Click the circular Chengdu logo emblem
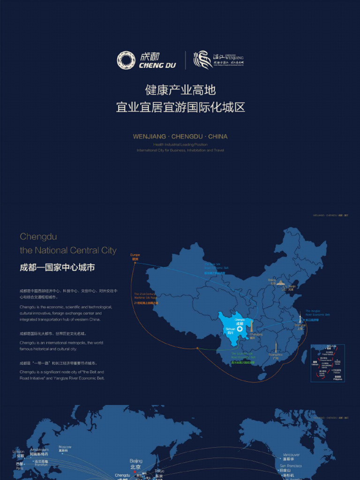[126, 60]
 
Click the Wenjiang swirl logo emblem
[203, 60]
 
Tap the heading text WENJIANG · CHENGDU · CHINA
[180, 136]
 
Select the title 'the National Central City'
[68, 250]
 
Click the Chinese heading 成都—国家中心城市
[57, 268]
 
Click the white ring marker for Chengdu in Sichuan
[240, 329]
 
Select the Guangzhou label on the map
[275, 355]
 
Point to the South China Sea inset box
[328, 363]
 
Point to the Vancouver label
[291, 455]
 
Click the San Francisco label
[291, 466]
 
